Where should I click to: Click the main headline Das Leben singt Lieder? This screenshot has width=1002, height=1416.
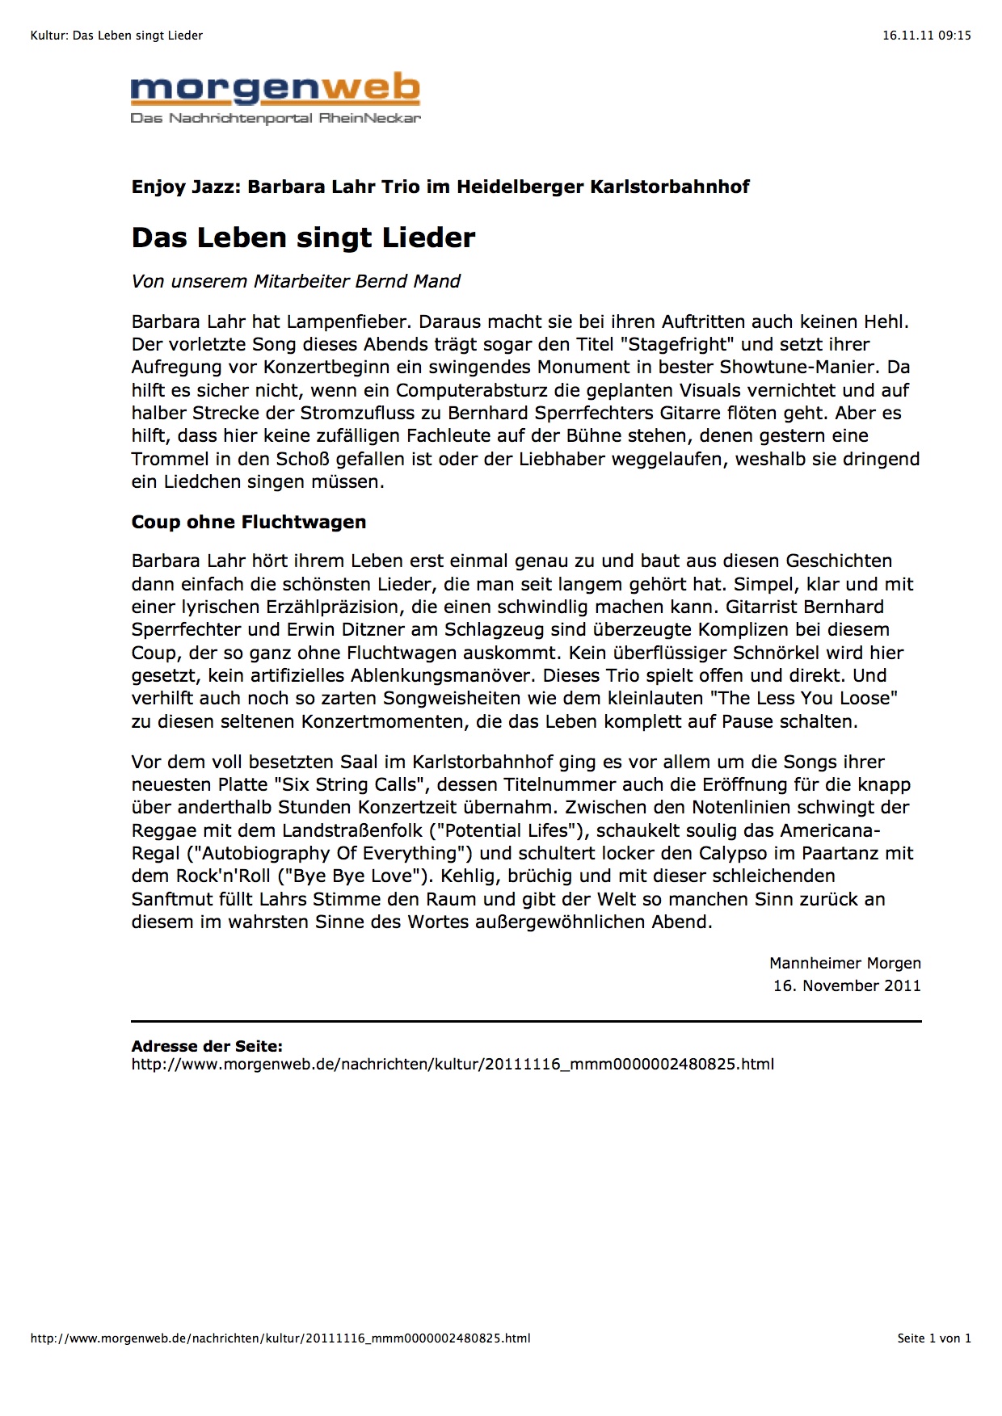(x=303, y=237)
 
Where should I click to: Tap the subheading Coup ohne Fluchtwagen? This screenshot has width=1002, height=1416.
(x=249, y=522)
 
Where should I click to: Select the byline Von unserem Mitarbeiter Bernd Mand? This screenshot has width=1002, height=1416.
(x=296, y=281)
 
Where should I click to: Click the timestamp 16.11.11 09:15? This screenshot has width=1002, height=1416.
(x=926, y=36)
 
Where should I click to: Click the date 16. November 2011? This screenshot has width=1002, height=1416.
(x=846, y=985)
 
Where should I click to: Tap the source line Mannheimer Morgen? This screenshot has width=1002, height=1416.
(x=844, y=963)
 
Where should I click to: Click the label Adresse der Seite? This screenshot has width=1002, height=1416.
(x=207, y=1046)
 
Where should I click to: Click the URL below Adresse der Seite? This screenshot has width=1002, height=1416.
(x=453, y=1065)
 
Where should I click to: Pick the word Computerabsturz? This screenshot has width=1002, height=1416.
(x=469, y=390)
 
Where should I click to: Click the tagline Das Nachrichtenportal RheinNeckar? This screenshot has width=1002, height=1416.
(x=276, y=118)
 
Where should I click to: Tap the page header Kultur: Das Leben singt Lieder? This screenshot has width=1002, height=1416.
(x=116, y=36)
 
